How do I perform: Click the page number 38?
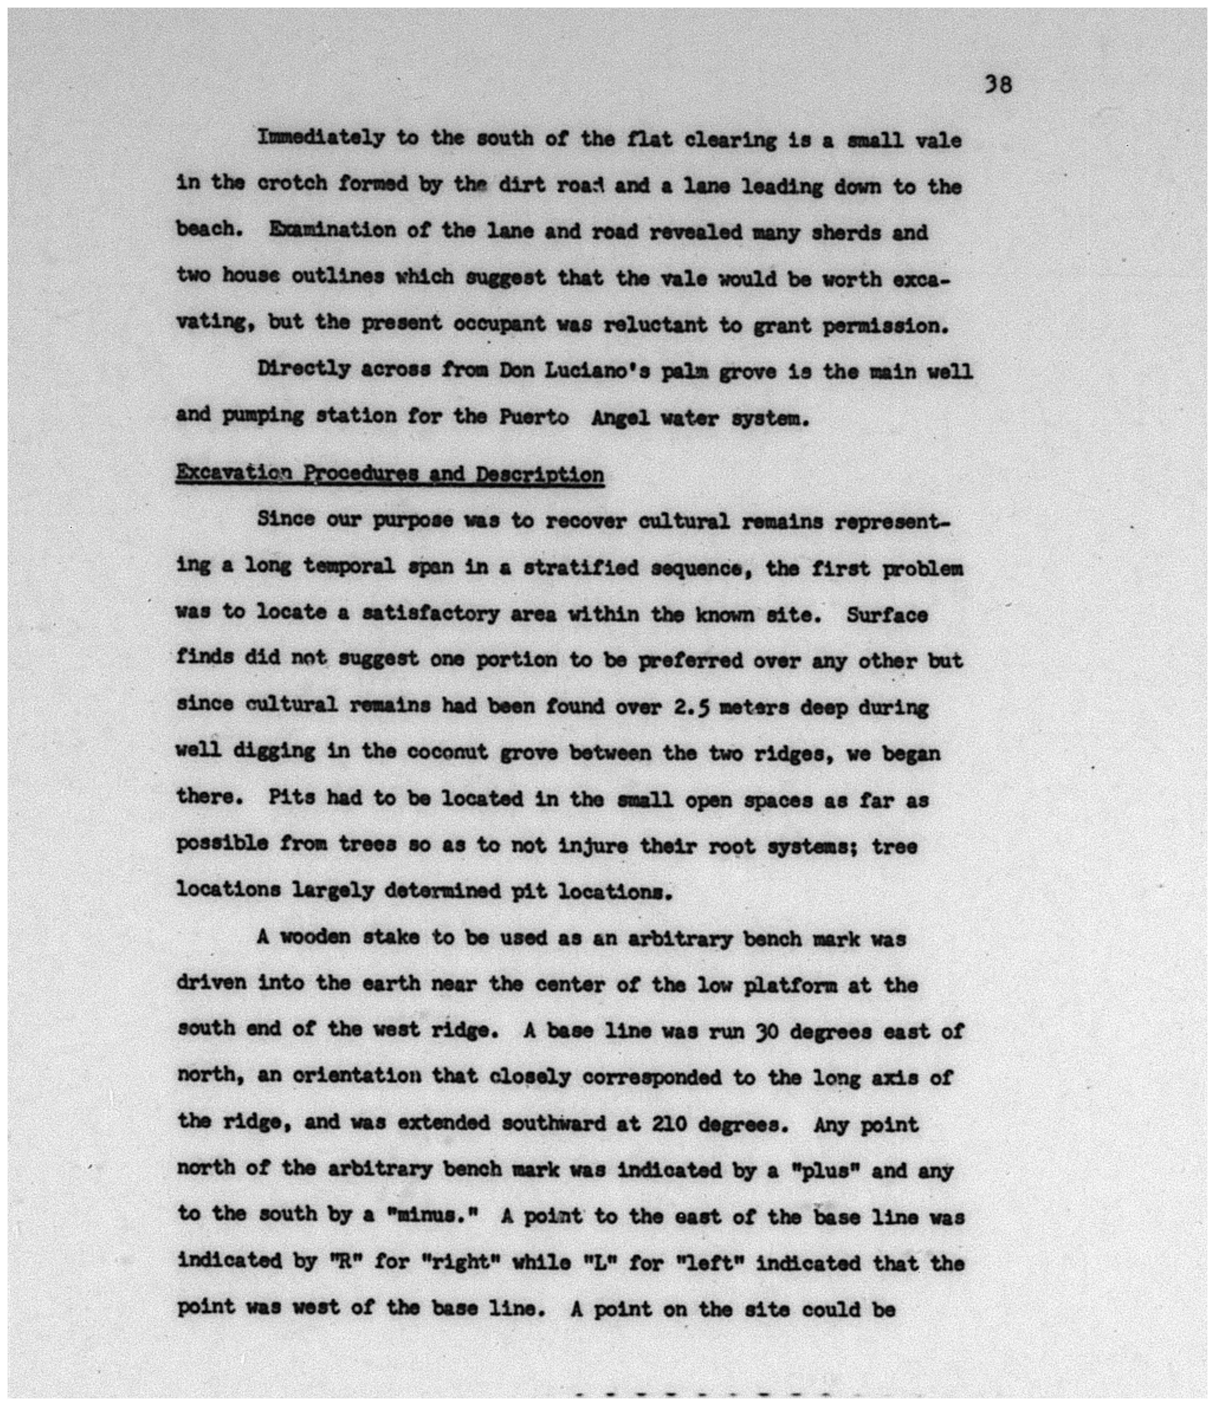tap(998, 85)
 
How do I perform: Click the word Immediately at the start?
tap(320, 139)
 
